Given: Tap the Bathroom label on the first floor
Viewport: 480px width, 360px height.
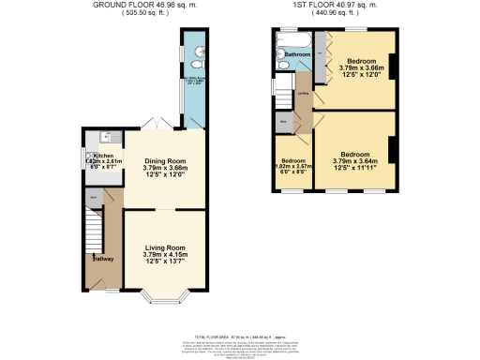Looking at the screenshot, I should click(297, 54).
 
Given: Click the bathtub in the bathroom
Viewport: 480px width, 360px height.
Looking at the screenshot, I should click(295, 39).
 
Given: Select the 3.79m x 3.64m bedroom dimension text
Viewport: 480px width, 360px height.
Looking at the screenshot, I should click(352, 160).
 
